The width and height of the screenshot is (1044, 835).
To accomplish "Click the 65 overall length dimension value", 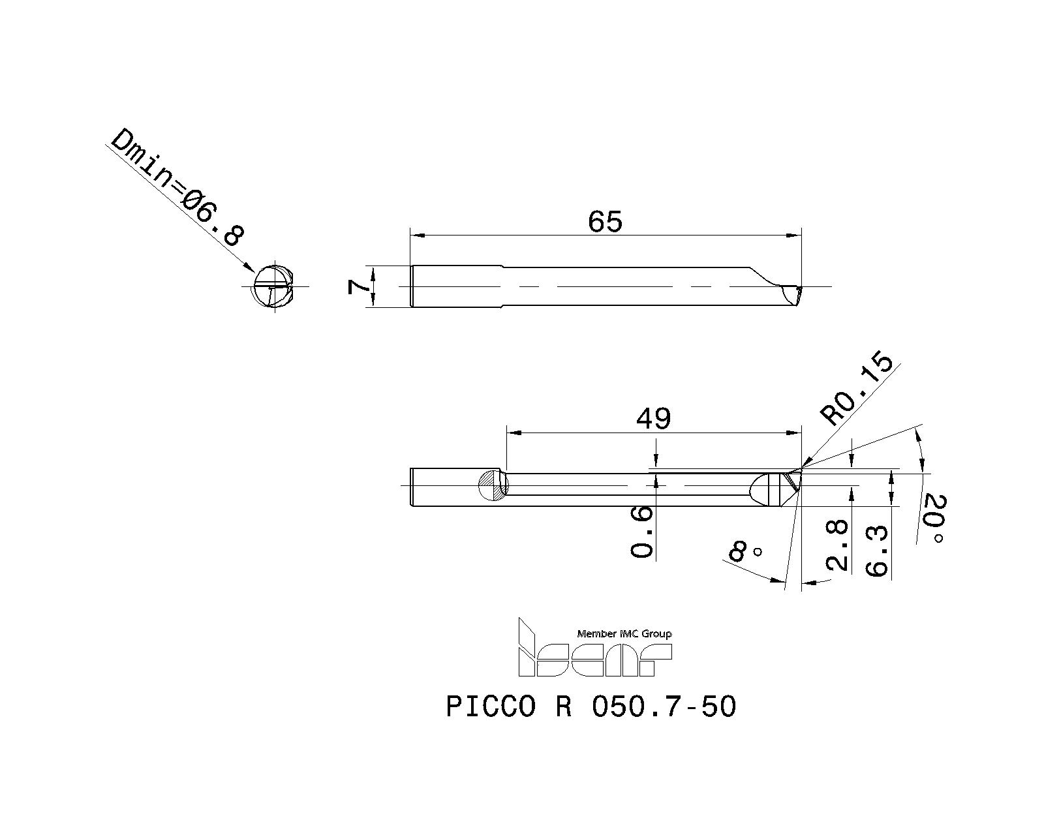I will click(x=605, y=222).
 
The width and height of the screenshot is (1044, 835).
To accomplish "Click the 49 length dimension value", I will click(x=653, y=418).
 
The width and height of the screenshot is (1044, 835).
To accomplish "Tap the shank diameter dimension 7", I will click(x=356, y=286).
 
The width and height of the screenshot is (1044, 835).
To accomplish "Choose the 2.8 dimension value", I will click(x=837, y=545).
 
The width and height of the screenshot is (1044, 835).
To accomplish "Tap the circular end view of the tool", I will click(x=273, y=286).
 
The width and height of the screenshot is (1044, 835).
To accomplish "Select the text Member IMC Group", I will click(x=624, y=633).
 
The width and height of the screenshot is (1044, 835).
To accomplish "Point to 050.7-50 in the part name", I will click(x=663, y=706).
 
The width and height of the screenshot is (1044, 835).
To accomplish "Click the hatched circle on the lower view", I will click(x=492, y=485).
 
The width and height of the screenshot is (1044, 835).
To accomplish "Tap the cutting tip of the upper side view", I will click(x=799, y=288).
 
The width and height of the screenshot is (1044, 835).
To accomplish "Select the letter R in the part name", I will click(x=564, y=706).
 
